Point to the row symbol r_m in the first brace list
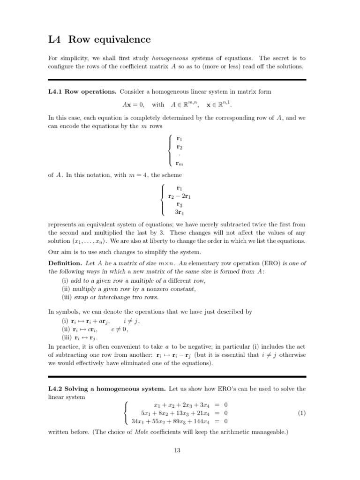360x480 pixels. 179,163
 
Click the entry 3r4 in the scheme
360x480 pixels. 179,212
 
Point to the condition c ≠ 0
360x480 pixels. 120,329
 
